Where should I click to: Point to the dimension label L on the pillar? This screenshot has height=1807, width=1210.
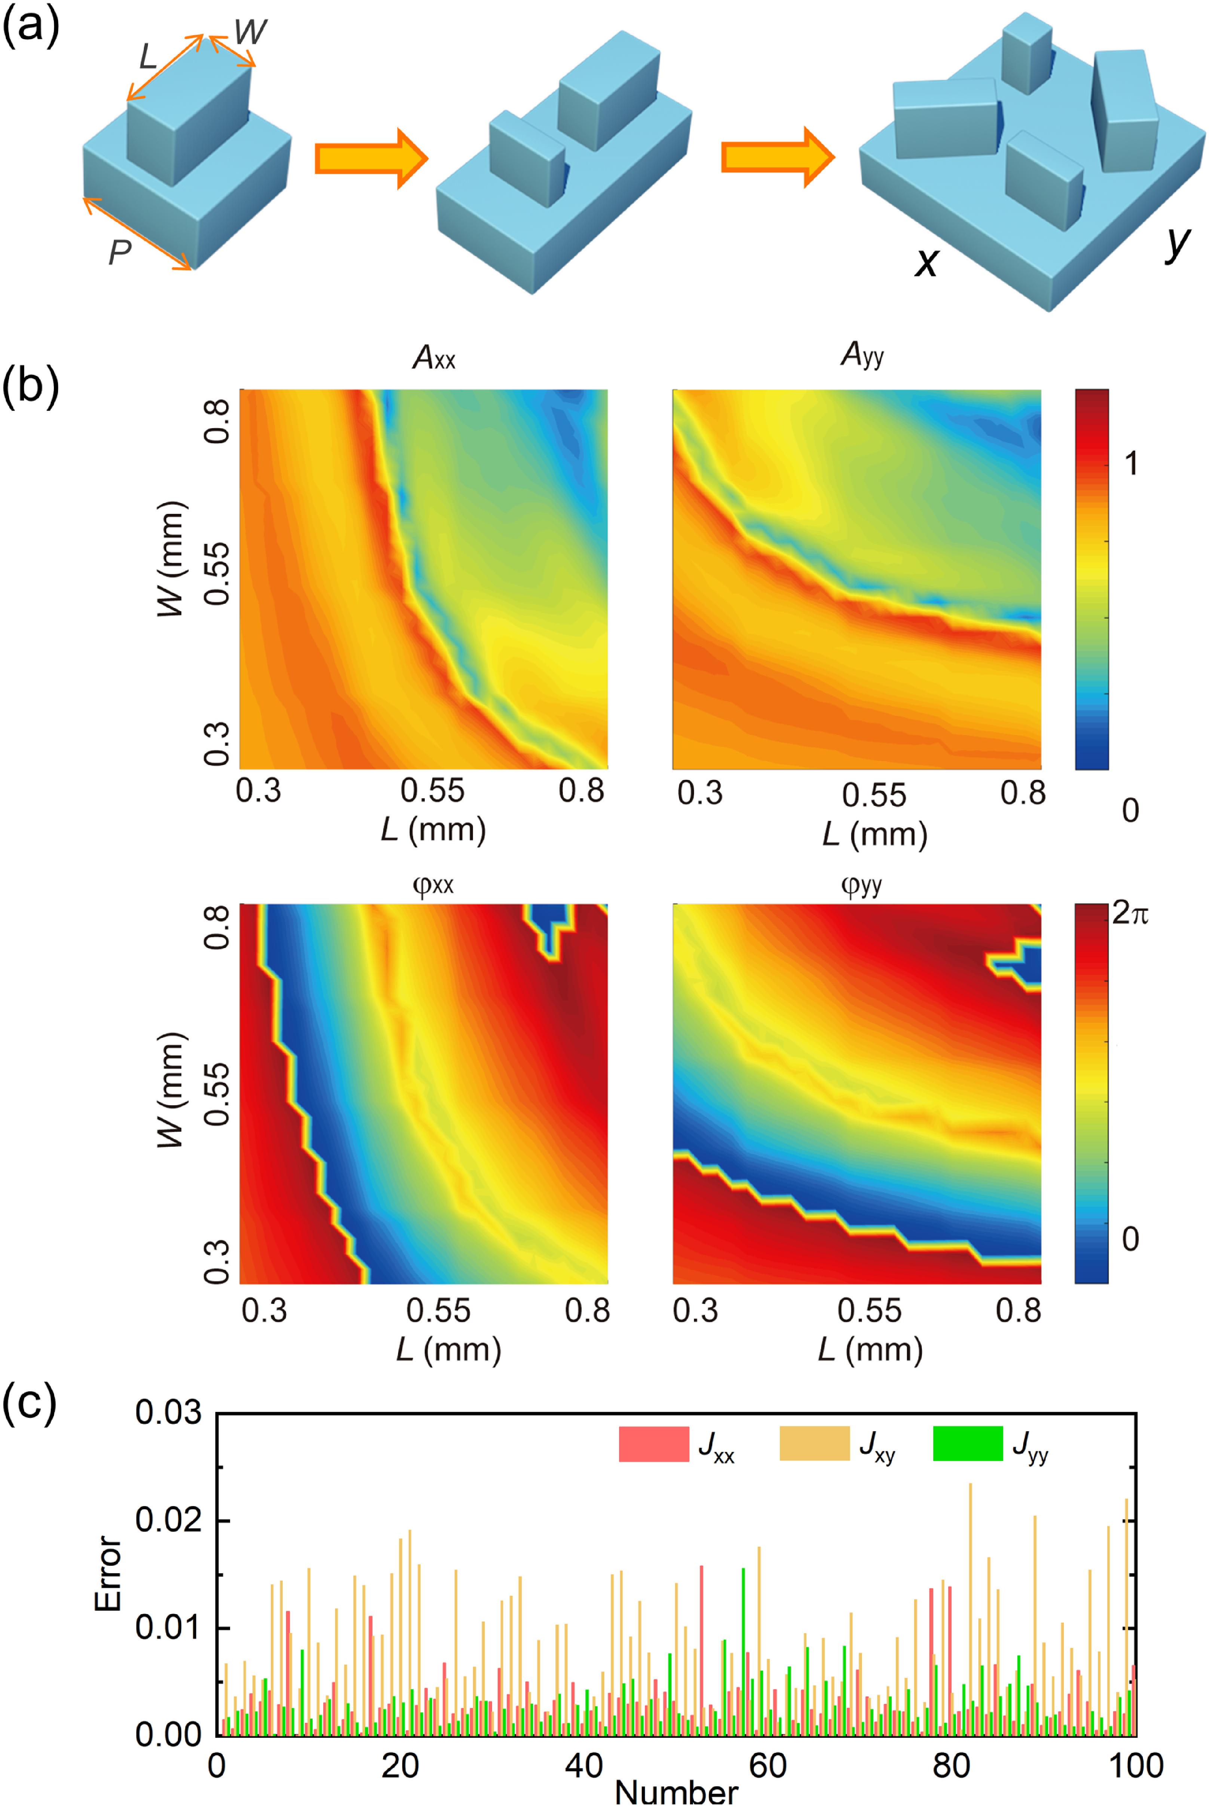coord(148,57)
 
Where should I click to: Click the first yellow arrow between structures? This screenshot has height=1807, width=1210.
coord(370,158)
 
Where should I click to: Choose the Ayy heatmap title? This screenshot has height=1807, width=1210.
coord(862,355)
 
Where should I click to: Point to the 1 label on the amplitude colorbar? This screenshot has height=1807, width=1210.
coord(1130,463)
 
